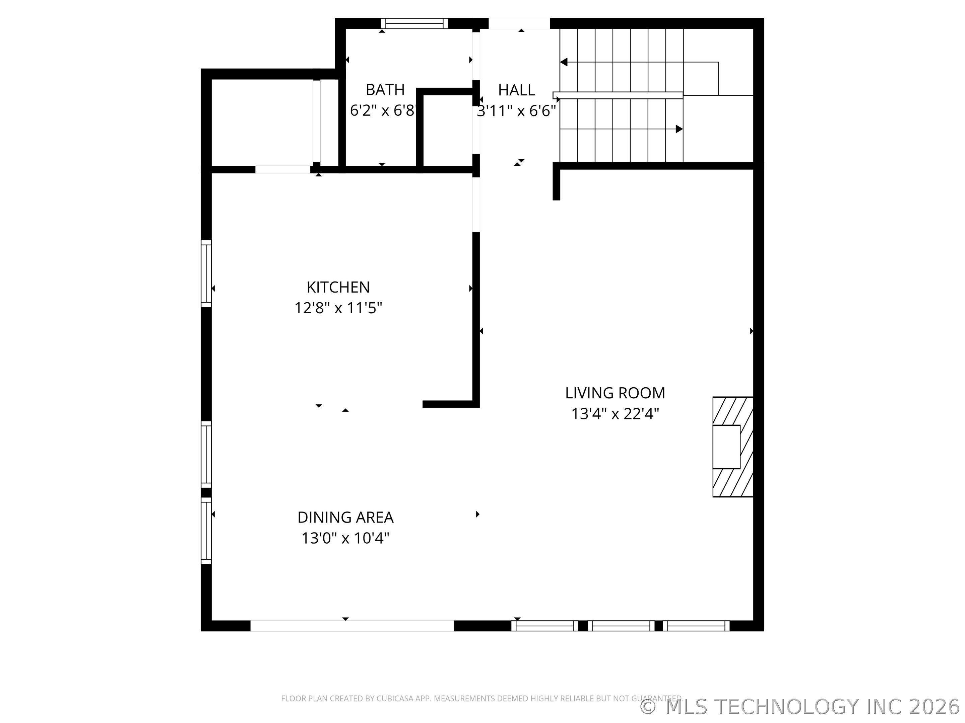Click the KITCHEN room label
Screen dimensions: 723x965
tap(338, 287)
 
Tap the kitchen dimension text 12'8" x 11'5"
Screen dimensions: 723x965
tap(338, 308)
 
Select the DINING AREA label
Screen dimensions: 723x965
tap(345, 517)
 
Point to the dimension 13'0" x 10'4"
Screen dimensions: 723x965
tap(345, 538)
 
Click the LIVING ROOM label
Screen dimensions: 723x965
tap(615, 393)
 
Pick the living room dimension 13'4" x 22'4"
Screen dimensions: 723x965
tap(615, 414)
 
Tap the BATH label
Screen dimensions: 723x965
tap(385, 90)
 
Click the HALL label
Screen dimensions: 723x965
tap(517, 90)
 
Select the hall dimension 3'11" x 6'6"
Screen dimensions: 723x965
tap(517, 111)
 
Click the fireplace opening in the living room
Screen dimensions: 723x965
tap(726, 447)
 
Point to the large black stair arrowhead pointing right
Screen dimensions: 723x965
tap(679, 129)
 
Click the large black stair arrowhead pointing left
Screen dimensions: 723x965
tap(564, 62)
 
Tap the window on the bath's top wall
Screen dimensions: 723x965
tap(414, 23)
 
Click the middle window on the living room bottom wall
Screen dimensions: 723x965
tap(621, 626)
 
